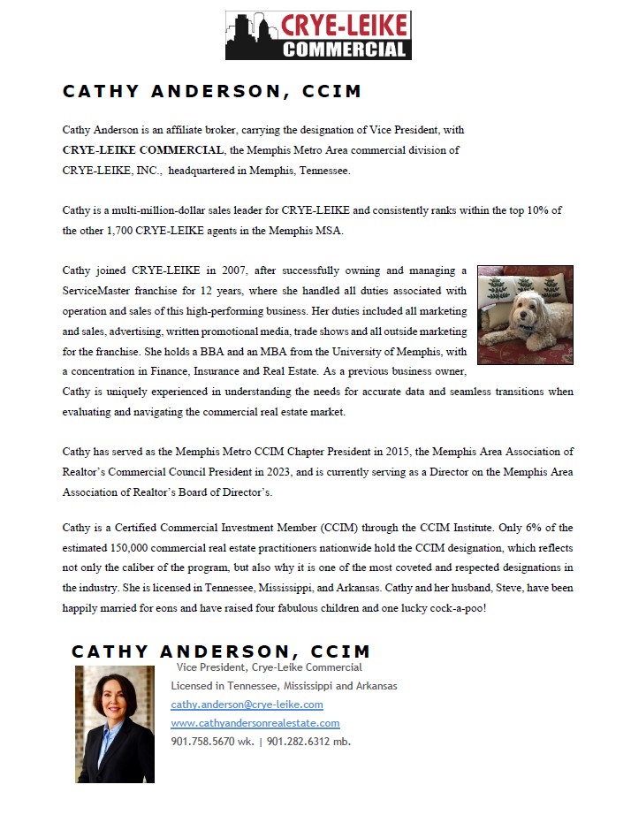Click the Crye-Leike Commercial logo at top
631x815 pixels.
click(x=318, y=35)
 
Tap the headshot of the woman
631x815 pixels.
click(x=115, y=724)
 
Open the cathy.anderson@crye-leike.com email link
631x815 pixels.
click(x=247, y=705)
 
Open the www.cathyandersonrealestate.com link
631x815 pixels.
click(x=255, y=723)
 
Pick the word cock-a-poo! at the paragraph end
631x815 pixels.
click(x=460, y=608)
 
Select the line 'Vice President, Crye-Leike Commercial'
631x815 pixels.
click(x=269, y=667)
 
